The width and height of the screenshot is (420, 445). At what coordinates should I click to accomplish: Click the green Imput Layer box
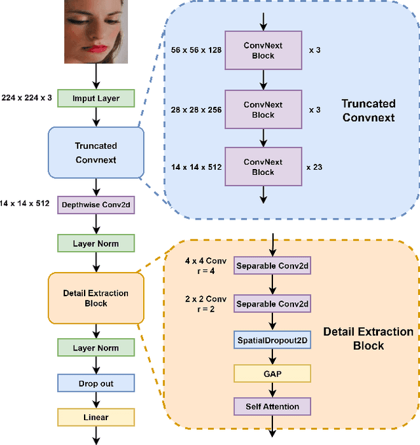(x=96, y=98)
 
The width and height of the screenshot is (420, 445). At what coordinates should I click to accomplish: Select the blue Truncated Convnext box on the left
(x=96, y=152)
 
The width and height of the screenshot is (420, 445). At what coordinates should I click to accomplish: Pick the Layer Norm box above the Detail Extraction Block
(x=96, y=244)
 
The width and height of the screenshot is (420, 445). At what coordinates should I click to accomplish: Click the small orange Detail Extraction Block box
(x=96, y=298)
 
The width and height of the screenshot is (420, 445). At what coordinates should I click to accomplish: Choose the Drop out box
(x=96, y=382)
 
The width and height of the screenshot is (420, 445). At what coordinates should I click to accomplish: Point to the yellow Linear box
(x=96, y=417)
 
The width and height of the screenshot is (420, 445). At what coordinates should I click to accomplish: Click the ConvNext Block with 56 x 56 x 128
(x=263, y=50)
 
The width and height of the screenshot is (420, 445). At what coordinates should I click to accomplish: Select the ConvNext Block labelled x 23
(x=263, y=166)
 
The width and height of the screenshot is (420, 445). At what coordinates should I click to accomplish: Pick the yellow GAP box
(x=272, y=373)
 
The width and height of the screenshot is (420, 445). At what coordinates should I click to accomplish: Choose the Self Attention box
(x=272, y=406)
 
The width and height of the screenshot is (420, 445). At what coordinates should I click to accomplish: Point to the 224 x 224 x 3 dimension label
(x=27, y=98)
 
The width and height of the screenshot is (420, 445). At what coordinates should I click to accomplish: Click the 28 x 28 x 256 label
(x=195, y=109)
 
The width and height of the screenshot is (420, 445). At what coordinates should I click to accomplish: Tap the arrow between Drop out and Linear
(x=96, y=400)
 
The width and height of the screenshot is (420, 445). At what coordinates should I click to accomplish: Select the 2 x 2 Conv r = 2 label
(x=207, y=304)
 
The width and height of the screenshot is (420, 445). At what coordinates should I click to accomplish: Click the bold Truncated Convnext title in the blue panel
(x=368, y=110)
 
